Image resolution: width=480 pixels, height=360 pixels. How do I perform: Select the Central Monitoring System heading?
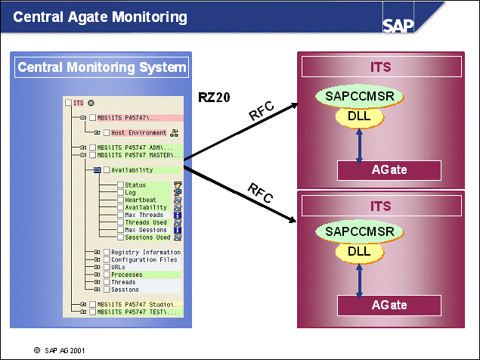click(x=101, y=67)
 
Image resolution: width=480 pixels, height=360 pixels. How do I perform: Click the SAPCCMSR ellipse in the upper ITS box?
click(x=360, y=96)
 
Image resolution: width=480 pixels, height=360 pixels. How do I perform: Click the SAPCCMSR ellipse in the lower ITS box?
click(x=360, y=231)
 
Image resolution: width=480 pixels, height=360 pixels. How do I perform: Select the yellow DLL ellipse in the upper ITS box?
click(x=358, y=116)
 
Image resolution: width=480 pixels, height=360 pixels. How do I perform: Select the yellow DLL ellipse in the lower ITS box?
click(x=358, y=251)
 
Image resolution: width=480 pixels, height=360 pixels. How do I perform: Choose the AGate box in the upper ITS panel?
click(x=389, y=169)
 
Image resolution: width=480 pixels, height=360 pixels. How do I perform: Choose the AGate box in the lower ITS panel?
click(x=389, y=305)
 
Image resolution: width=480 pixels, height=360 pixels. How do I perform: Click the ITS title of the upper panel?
click(x=381, y=67)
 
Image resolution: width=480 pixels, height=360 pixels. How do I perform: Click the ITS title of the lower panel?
click(x=381, y=206)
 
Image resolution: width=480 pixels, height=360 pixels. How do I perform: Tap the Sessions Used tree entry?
click(x=147, y=237)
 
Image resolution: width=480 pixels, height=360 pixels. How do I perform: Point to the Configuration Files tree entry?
click(x=144, y=259)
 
